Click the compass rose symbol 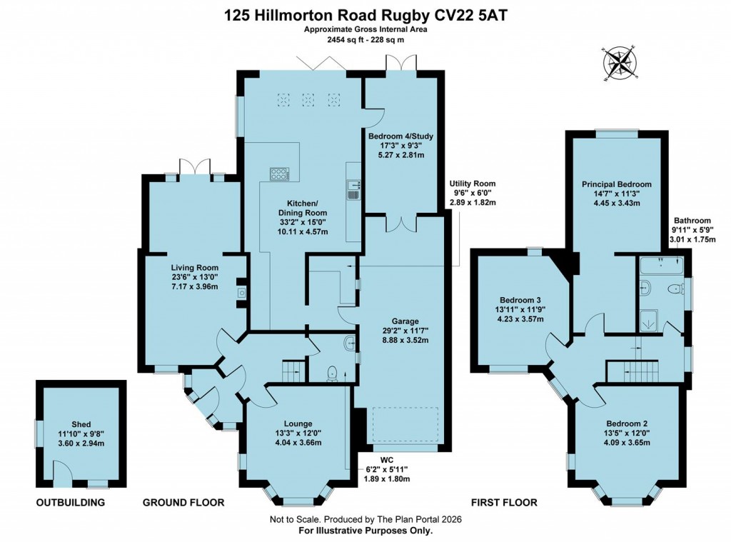(x=620, y=65)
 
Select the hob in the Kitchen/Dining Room (x=278, y=174)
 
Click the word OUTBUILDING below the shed (x=71, y=503)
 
